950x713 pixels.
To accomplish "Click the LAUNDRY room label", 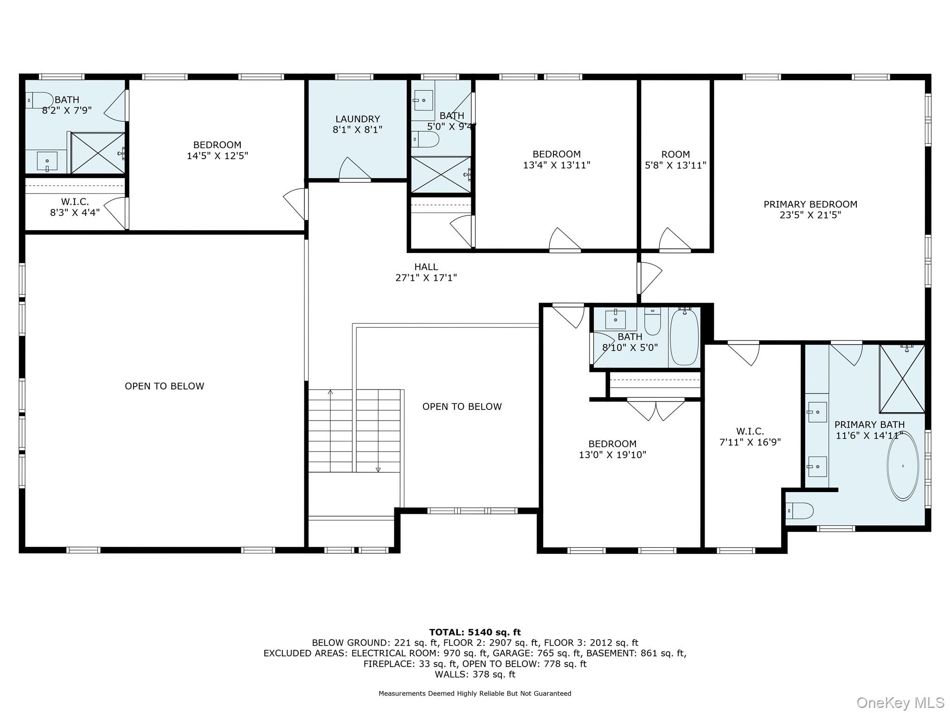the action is point(358,119).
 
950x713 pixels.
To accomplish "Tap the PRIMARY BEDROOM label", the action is point(810,204).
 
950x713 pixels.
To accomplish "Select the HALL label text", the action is point(426,267).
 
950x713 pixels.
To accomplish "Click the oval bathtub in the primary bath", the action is point(902,466).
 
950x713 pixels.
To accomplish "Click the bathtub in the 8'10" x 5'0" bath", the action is point(684,337).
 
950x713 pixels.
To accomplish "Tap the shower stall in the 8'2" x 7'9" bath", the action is point(98,153).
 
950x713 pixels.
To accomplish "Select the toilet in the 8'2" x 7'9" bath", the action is point(39,100).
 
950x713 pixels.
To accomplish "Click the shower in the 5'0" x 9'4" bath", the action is point(441,175).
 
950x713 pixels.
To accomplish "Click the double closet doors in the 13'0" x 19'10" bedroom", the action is point(656,410).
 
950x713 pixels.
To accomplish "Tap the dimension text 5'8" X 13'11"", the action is point(675,165).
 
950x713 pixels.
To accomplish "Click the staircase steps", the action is point(354,431).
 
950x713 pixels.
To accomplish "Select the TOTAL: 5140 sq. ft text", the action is point(475,632).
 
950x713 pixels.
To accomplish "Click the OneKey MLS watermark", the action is point(900,703).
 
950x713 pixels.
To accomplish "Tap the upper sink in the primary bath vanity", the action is point(817,412).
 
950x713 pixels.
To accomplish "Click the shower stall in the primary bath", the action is point(902,378).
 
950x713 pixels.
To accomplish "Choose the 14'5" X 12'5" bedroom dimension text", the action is point(218,156).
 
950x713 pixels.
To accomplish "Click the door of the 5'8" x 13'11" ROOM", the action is point(675,240).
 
